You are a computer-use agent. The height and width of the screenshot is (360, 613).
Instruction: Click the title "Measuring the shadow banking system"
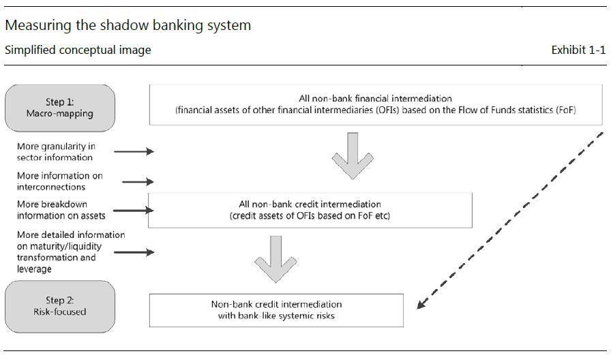128,26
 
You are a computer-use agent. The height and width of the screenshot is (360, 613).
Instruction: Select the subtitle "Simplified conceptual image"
78,50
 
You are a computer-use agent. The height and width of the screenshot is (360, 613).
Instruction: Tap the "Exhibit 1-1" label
578,50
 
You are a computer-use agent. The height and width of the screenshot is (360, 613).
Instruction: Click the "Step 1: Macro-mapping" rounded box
59,108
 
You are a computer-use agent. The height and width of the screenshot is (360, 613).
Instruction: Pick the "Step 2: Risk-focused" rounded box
59,306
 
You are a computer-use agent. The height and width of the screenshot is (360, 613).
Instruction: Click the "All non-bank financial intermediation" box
375,104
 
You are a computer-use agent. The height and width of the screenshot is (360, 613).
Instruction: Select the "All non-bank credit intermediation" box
310,210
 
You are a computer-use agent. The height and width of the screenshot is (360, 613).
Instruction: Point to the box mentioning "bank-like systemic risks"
276,310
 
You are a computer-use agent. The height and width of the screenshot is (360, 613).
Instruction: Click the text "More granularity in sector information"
56,152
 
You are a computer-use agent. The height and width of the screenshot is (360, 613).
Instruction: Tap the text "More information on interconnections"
59,181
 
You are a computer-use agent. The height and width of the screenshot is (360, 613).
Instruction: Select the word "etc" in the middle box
381,216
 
